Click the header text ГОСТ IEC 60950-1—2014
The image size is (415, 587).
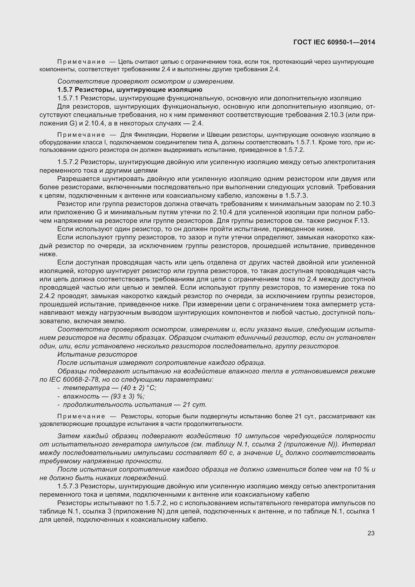point(334,42)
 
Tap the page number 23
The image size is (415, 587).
point(371,533)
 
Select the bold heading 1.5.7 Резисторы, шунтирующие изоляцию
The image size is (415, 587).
point(130,90)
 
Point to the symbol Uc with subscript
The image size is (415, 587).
point(279,453)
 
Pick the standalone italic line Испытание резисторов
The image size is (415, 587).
point(97,354)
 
